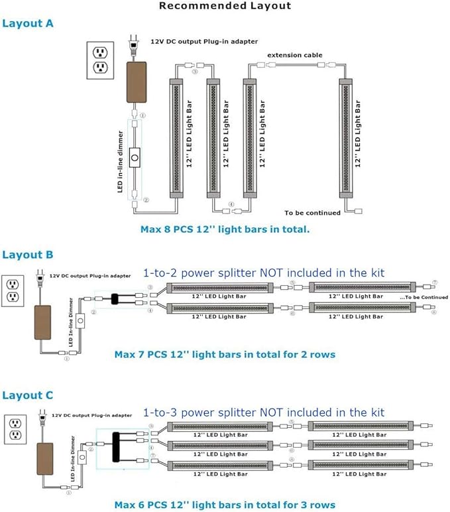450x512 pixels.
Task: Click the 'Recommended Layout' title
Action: click(225, 6)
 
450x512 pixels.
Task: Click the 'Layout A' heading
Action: click(27, 23)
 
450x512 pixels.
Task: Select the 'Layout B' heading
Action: click(27, 255)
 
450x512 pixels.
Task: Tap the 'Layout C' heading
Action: click(27, 395)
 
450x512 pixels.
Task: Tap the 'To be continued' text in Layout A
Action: click(312, 213)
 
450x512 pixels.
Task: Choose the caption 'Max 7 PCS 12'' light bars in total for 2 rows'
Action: click(225, 354)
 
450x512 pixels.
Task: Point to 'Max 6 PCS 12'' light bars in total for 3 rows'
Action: click(225, 505)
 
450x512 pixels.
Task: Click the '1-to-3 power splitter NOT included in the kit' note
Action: click(264, 413)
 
